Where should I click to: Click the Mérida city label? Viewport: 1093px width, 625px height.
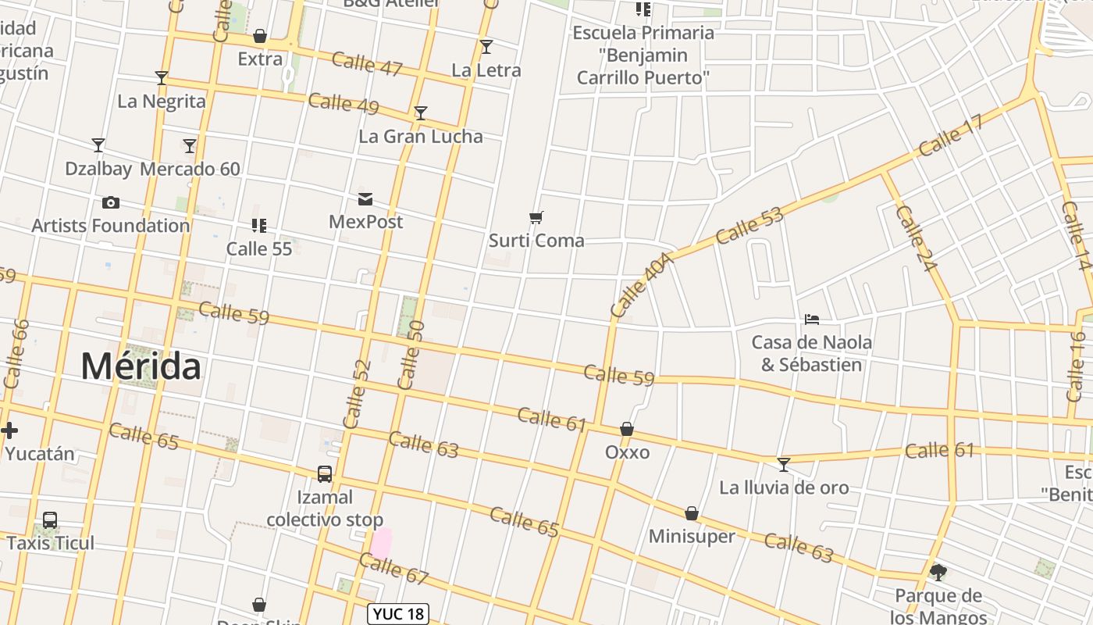(x=141, y=366)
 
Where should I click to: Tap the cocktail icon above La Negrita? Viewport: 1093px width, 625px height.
(x=162, y=78)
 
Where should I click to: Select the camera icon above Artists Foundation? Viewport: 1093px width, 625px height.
(x=111, y=203)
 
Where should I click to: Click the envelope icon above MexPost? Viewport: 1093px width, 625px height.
(x=365, y=199)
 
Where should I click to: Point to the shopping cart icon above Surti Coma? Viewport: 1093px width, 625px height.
(x=536, y=217)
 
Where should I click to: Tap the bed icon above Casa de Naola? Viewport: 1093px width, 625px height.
(x=812, y=320)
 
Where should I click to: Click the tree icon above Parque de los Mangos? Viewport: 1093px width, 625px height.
(x=938, y=573)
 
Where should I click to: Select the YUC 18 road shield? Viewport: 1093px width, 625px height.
(x=399, y=614)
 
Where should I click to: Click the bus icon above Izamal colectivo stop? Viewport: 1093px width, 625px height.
(x=325, y=474)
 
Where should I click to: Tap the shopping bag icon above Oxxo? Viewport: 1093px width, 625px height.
(x=627, y=429)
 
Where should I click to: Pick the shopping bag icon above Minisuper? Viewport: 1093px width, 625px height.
(x=692, y=513)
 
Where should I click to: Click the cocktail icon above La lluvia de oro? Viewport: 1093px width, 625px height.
(x=784, y=465)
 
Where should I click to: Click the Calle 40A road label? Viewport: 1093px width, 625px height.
(x=642, y=285)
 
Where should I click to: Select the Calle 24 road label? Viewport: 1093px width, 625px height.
(x=916, y=238)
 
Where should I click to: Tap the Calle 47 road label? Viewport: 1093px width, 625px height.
(x=367, y=63)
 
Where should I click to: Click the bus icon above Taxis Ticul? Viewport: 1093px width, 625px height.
(x=50, y=520)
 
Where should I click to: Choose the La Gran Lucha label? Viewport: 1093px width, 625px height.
(x=421, y=136)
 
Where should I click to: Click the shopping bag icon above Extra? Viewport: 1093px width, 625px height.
(x=260, y=36)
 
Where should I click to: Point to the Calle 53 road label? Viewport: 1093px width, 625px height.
(x=749, y=225)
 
